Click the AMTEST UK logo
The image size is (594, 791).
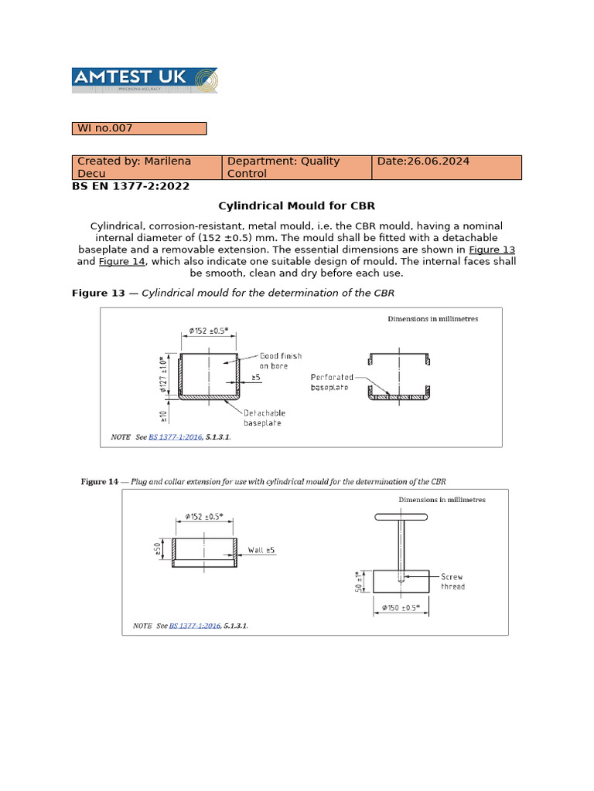[x=145, y=80]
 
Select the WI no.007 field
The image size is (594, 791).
[x=139, y=128]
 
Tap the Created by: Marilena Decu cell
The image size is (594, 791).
[x=147, y=167]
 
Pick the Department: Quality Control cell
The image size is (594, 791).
[x=297, y=167]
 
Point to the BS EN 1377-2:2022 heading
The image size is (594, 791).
[x=131, y=186]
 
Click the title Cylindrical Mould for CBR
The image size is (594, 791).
[x=297, y=206]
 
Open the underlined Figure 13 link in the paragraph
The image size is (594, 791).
[x=493, y=250]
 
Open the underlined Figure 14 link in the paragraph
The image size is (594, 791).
[x=121, y=262]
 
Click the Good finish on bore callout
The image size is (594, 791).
[x=280, y=361]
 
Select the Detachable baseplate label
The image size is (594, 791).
[x=262, y=418]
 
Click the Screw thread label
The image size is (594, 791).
[x=453, y=582]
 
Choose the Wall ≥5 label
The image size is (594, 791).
[x=261, y=550]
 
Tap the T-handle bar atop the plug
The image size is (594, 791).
[x=401, y=517]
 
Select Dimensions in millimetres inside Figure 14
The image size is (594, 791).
[x=442, y=500]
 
